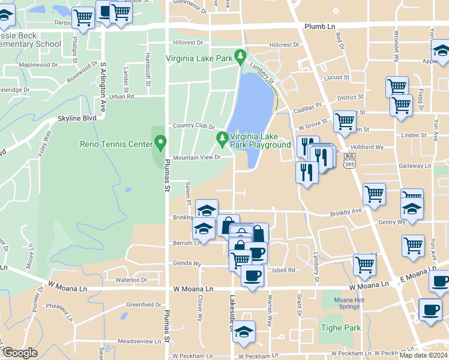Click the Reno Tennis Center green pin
click(160, 143)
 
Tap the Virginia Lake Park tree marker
click(241, 56)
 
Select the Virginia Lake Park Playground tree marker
click(223, 139)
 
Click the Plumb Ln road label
click(319, 27)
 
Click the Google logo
click(20, 353)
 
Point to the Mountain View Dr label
click(197, 158)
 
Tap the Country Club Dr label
click(193, 125)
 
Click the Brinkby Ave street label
click(346, 212)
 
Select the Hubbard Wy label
click(372, 147)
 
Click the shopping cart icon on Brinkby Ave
click(374, 194)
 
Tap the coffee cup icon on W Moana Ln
click(252, 275)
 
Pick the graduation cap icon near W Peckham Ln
click(244, 331)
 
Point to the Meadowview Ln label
click(139, 341)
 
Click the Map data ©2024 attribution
click(423, 355)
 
